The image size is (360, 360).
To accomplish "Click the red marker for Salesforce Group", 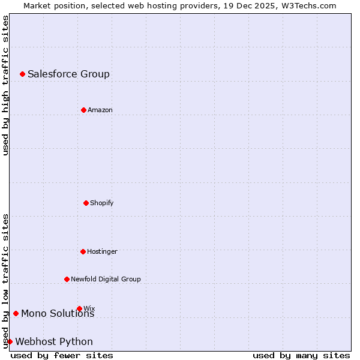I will click(x=22, y=74).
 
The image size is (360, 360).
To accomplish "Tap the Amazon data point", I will click(x=83, y=110).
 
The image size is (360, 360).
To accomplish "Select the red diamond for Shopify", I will click(x=86, y=203).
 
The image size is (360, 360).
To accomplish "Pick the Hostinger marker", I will click(x=83, y=251).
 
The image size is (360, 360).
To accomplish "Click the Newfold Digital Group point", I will click(x=67, y=279).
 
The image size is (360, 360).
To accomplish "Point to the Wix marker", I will click(x=79, y=308).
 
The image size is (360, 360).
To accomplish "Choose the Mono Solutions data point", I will click(x=16, y=313).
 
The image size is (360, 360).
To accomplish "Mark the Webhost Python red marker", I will click(x=10, y=341).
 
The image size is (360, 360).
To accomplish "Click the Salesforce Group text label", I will click(x=68, y=74).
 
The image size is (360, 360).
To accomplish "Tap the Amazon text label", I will click(x=100, y=110).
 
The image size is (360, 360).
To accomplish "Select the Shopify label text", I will click(x=102, y=203).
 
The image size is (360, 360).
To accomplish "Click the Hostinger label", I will click(x=102, y=251).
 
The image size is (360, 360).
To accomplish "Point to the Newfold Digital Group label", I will click(x=106, y=279).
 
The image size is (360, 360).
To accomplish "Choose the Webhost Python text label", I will click(x=54, y=341).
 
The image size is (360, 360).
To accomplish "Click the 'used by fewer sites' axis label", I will click(x=62, y=355).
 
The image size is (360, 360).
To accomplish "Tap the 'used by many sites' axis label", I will click(x=301, y=355).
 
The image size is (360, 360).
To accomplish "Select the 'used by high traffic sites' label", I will click(x=5, y=85).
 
